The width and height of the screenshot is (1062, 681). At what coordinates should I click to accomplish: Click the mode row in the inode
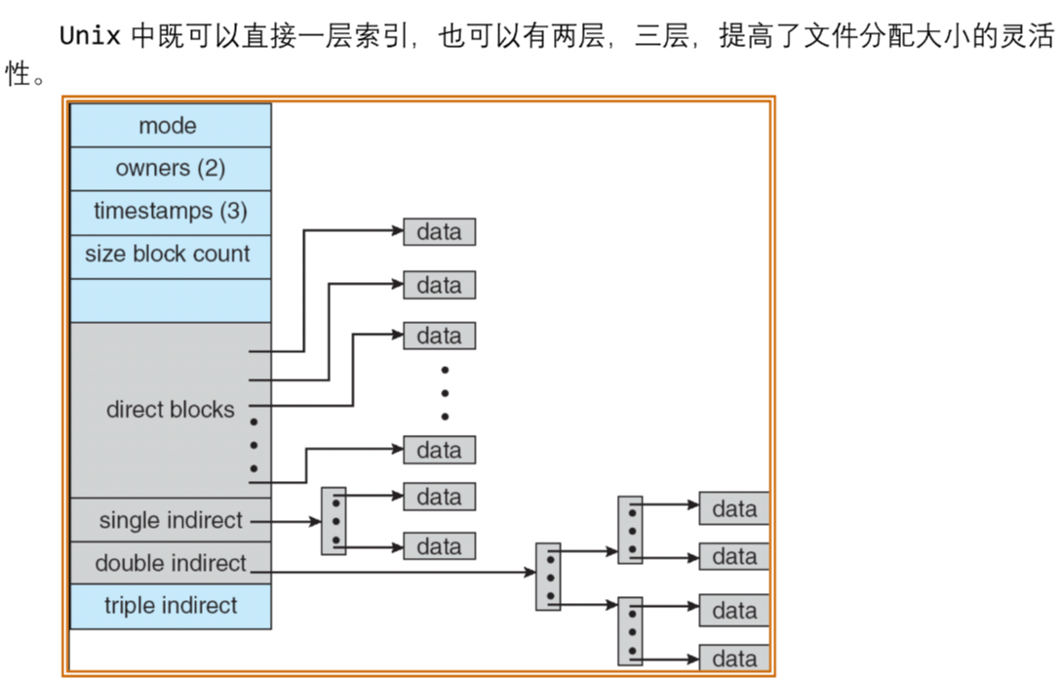[x=169, y=126]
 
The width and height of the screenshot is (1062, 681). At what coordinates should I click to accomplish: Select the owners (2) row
[x=170, y=168]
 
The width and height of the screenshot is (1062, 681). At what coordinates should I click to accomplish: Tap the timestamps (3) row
[x=170, y=211]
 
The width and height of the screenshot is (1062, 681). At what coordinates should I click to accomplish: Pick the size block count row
[x=168, y=255]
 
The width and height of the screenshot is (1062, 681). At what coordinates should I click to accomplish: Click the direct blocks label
[x=170, y=410]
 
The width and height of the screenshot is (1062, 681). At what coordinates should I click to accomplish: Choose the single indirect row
[x=170, y=521]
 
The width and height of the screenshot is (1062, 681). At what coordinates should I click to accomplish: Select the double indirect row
[x=170, y=564]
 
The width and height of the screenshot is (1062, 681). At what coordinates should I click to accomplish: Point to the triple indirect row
[x=170, y=606]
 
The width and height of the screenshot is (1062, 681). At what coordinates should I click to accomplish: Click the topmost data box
[x=439, y=232]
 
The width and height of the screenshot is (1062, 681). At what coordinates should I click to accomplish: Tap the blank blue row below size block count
[x=170, y=300]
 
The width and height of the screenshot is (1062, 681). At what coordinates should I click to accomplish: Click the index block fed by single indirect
[x=334, y=521]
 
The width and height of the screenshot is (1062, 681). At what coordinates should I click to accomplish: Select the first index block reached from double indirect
[x=548, y=577]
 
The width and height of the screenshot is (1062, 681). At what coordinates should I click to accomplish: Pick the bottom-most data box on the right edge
[x=734, y=659]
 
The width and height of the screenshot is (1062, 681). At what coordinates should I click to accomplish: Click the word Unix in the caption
[x=90, y=37]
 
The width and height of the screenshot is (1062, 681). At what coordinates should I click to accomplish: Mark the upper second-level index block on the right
[x=630, y=530]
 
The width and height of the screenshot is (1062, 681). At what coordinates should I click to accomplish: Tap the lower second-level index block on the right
[x=630, y=630]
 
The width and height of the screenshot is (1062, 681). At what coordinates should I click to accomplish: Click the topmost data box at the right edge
[x=734, y=509]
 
